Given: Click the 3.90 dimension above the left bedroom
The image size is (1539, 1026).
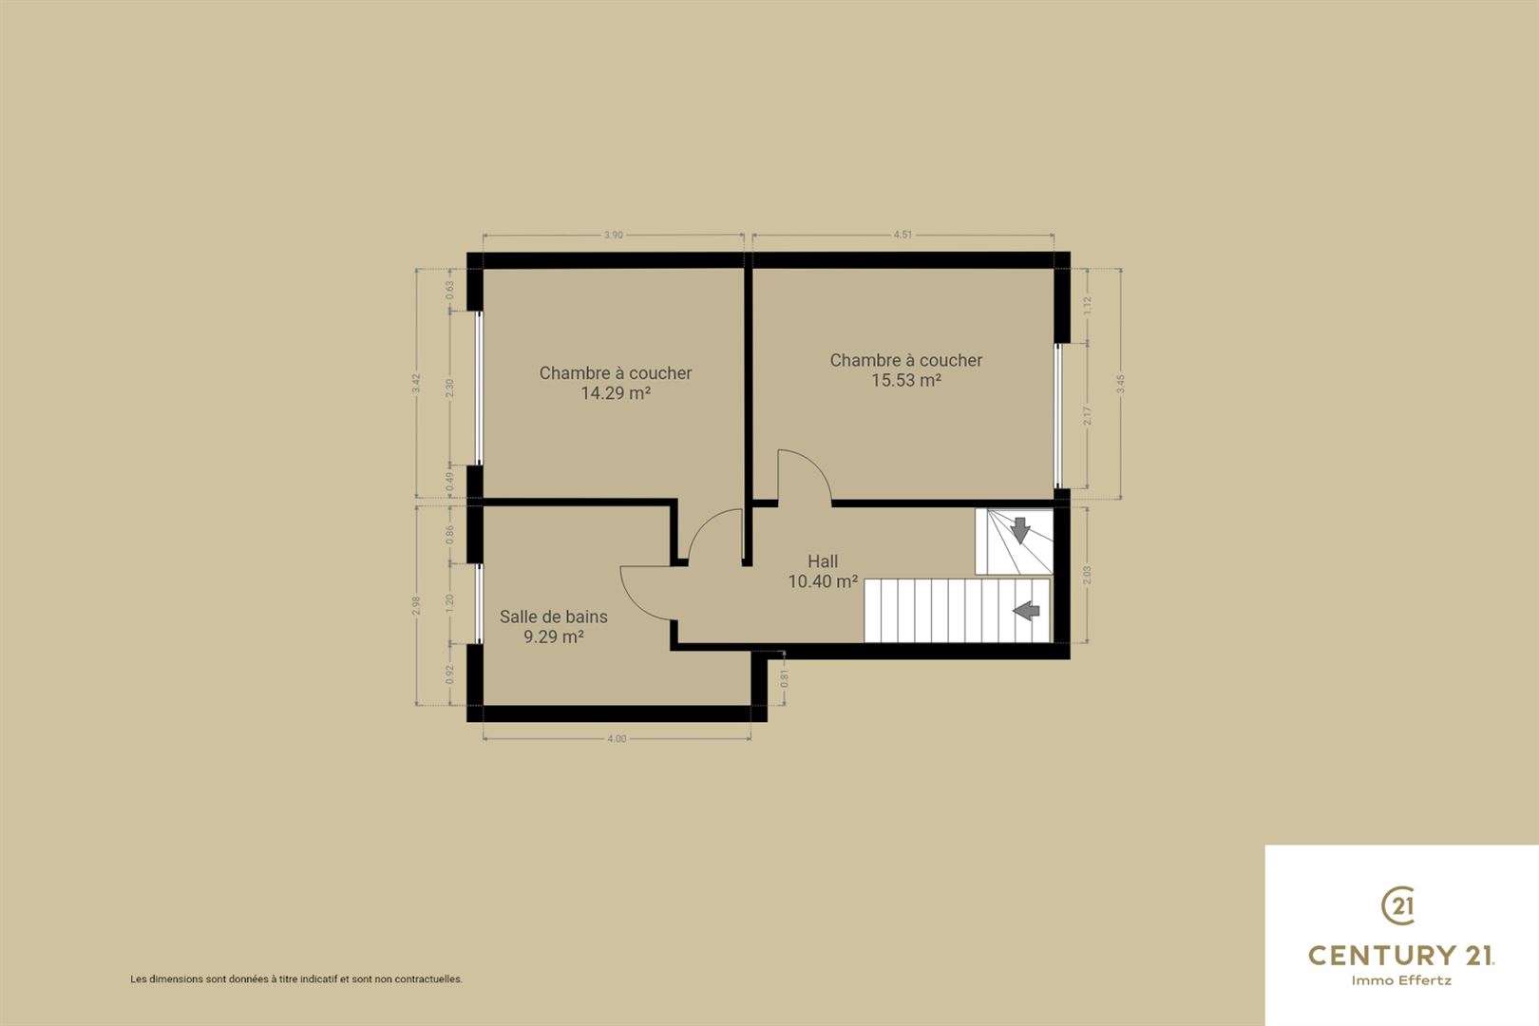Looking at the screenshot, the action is tap(613, 235).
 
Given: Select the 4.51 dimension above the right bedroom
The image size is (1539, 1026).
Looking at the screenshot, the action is tap(902, 235).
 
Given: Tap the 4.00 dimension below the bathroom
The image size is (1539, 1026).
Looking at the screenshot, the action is tap(617, 739).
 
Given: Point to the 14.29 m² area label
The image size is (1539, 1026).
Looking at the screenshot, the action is tap(616, 393).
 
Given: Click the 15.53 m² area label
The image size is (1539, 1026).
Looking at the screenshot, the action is tap(906, 380).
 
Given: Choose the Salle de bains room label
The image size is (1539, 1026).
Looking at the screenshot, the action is tap(553, 617).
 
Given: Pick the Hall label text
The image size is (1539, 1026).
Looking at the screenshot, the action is tap(823, 560).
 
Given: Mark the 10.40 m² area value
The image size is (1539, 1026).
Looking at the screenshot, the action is tap(823, 581).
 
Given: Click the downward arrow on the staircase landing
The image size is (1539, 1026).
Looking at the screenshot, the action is tap(1020, 530).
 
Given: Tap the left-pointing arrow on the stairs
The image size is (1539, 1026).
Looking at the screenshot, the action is tap(1026, 610).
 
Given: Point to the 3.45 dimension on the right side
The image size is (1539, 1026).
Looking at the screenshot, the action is tap(1121, 384).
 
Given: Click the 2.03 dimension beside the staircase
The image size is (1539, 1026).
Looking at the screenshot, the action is tap(1086, 575).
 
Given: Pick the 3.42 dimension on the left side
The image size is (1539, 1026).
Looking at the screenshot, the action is tap(416, 383).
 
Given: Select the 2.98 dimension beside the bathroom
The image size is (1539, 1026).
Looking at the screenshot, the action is tap(416, 605).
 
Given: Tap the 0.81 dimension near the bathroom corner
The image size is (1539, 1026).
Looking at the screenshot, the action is tap(785, 679).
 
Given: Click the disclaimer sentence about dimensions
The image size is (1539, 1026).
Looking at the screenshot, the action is tap(296, 979).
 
